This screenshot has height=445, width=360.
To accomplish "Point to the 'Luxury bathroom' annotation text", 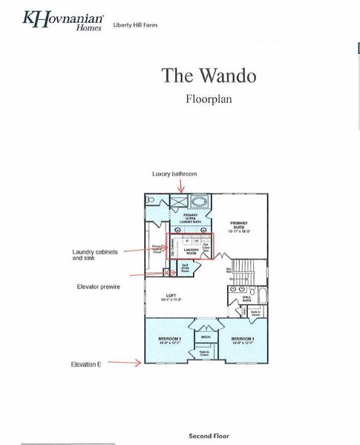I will tap(174, 174).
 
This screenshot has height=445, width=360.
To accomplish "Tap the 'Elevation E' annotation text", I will tap(87, 364).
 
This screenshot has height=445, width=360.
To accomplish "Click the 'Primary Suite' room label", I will tap(238, 225).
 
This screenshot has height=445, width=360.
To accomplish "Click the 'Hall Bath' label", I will tap(246, 298).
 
